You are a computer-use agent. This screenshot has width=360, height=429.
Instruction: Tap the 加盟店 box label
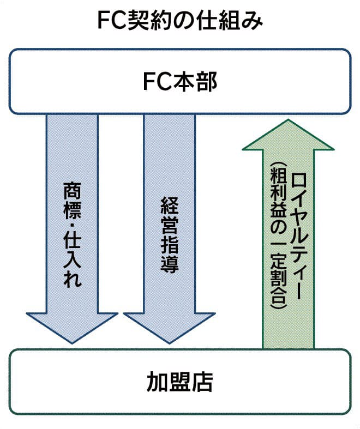click(x=179, y=381)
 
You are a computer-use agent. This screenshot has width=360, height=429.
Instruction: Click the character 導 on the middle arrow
click(x=170, y=265)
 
